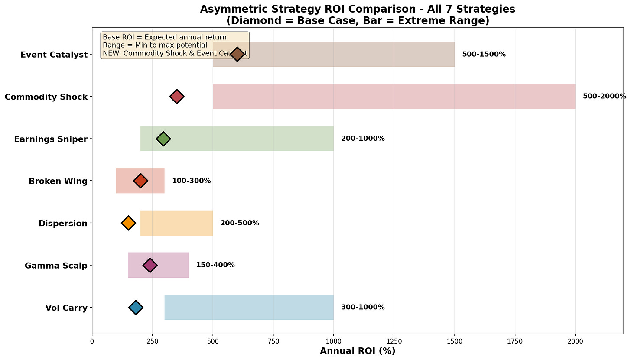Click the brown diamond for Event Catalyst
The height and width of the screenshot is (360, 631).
click(237, 54)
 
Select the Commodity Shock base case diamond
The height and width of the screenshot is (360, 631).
click(177, 97)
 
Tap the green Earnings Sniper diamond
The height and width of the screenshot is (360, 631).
click(163, 139)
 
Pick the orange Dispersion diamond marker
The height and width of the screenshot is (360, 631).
click(128, 223)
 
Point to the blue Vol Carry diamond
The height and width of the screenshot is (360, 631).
click(136, 307)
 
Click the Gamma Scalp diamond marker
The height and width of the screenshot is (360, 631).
click(150, 265)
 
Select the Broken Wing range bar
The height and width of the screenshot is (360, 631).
click(140, 181)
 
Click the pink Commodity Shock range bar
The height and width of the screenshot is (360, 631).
click(394, 96)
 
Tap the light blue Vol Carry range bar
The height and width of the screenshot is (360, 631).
click(249, 307)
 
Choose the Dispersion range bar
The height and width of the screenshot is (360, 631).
click(177, 223)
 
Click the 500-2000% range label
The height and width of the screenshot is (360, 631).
click(605, 96)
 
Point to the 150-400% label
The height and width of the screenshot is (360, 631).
click(215, 265)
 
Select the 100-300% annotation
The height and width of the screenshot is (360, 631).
click(192, 181)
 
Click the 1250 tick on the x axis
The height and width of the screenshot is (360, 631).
click(394, 341)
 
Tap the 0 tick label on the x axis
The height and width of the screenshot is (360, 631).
click(92, 341)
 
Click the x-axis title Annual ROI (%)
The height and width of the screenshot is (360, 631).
click(358, 351)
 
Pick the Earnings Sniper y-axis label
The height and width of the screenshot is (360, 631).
click(51, 139)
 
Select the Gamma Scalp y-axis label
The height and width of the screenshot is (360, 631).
click(56, 266)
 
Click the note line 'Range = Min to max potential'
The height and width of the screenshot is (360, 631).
click(155, 45)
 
